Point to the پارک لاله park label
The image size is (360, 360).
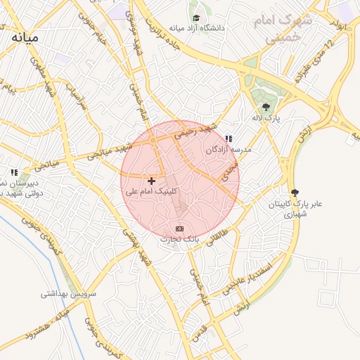click(x=267, y=118)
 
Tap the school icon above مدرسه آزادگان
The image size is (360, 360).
click(x=229, y=139)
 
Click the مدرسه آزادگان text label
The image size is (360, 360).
click(x=229, y=150)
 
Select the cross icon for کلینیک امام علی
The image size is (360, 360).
click(x=151, y=181)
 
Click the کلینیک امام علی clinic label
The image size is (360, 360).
click(x=151, y=191)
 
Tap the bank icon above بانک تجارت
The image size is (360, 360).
click(x=179, y=229)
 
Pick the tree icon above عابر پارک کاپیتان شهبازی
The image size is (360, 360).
click(x=295, y=193)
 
